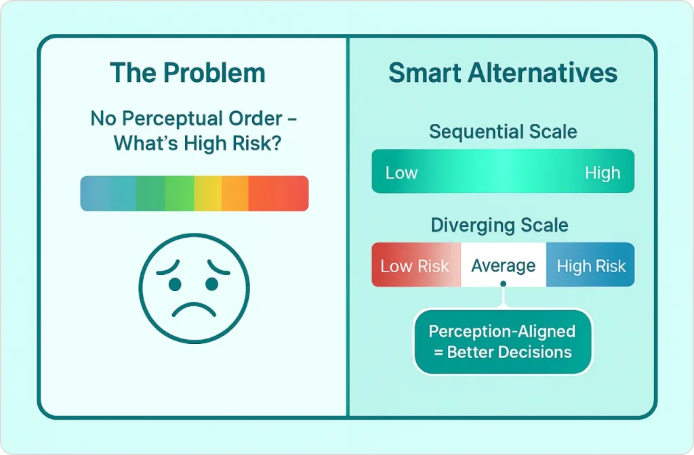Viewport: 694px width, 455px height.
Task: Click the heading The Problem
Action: (188, 73)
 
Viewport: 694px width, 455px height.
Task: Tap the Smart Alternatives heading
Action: (503, 73)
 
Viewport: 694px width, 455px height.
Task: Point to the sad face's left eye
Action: (175, 284)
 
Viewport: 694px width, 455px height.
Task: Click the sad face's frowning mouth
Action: (194, 309)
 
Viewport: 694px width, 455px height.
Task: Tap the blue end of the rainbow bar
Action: (95, 193)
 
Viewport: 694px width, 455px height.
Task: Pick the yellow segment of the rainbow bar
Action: (208, 193)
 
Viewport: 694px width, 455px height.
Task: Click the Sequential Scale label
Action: (503, 132)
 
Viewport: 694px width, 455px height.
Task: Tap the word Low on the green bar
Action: (401, 173)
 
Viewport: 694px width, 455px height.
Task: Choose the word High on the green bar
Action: (603, 173)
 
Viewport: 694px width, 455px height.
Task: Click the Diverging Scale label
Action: (499, 225)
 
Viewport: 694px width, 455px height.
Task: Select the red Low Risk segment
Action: (416, 265)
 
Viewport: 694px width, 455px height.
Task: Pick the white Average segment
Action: (504, 265)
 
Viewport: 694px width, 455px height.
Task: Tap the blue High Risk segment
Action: (590, 265)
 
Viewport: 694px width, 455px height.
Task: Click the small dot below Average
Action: (504, 284)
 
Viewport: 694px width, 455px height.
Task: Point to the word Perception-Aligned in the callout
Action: (502, 332)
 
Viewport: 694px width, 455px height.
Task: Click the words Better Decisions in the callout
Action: (510, 352)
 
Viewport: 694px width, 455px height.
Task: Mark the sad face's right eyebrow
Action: (218, 267)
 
